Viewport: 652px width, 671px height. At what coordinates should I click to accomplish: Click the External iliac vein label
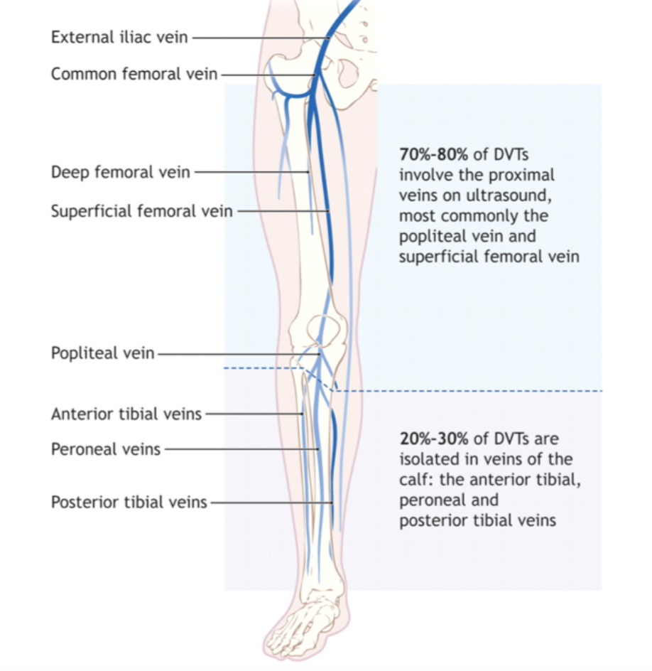pos(119,37)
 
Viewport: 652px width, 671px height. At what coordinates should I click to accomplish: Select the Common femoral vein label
pos(134,73)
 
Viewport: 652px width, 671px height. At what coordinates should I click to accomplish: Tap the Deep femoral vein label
pos(121,171)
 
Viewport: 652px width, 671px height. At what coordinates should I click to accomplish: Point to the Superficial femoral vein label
pos(141,210)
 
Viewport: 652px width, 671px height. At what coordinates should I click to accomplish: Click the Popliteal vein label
pos(102,353)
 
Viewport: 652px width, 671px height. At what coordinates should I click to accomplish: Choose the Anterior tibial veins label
pos(126,414)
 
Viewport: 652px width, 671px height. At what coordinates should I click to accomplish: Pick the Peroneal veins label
pos(106,449)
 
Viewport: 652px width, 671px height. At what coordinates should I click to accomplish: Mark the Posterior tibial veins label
pos(129,502)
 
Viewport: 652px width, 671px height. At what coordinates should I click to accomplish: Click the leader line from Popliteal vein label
pos(234,353)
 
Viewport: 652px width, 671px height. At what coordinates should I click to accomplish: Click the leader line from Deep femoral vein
pos(249,171)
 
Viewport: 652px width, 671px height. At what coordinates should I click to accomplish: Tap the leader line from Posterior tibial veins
pos(270,502)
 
